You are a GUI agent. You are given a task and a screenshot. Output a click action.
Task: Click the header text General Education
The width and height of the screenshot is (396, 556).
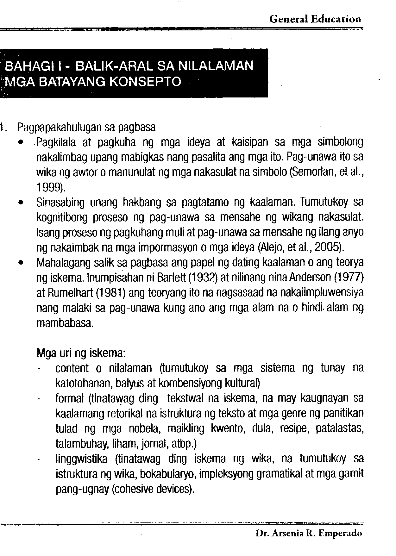(315, 19)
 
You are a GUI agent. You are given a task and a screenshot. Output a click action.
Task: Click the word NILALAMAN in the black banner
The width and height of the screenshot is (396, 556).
(216, 66)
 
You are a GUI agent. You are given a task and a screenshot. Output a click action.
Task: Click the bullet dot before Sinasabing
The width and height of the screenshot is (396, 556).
(21, 203)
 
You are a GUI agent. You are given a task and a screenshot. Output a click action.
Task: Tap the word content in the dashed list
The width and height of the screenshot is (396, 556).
(72, 368)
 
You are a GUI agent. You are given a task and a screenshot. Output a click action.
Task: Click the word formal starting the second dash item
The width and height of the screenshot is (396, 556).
(69, 398)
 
